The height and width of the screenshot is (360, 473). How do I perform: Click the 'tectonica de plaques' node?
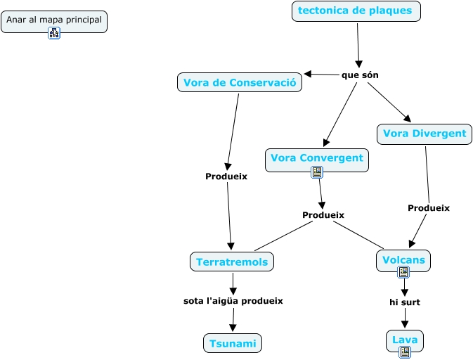(356, 11)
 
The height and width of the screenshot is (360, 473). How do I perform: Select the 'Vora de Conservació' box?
(240, 82)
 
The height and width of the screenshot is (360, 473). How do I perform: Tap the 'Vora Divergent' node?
(424, 134)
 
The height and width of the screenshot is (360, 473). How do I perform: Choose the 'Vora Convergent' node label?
(316, 157)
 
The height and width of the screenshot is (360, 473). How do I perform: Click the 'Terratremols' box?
(232, 262)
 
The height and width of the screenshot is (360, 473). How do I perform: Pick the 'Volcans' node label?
(403, 259)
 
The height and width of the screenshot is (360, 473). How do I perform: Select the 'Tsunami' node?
(233, 343)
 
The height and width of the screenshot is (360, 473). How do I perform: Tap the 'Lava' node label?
(405, 340)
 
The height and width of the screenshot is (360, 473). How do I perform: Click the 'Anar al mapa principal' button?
(54, 20)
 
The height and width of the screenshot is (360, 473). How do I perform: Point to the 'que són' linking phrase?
(360, 75)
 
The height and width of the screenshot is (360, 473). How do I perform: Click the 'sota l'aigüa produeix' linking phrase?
(233, 301)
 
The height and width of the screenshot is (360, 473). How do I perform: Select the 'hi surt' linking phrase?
(405, 302)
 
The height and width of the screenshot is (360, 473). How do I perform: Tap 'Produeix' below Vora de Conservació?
(226, 176)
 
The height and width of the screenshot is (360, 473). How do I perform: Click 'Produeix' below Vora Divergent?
(429, 208)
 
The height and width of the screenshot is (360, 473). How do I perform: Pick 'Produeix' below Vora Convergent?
(323, 214)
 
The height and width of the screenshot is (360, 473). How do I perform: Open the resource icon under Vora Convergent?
(317, 172)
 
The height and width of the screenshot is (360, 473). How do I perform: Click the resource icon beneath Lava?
(405, 352)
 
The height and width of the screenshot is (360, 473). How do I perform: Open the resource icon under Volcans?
(403, 271)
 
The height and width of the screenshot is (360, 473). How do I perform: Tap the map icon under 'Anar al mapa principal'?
(54, 33)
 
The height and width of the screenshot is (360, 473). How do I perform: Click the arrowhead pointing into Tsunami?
(233, 328)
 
